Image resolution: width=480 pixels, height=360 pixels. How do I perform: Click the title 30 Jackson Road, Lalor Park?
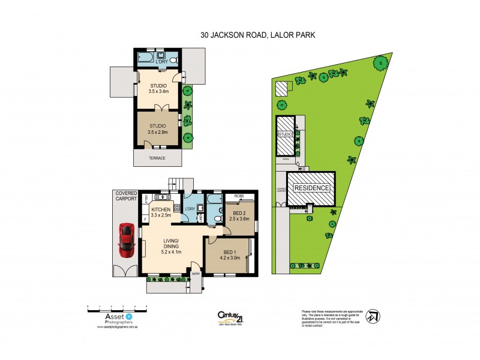click(258, 35)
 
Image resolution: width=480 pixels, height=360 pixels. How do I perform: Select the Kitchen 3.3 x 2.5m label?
click(161, 212)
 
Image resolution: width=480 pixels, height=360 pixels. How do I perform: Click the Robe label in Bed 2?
click(239, 196)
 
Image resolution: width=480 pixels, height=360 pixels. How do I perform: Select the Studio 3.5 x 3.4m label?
click(158, 89)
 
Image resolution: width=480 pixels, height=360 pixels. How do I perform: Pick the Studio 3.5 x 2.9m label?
click(158, 129)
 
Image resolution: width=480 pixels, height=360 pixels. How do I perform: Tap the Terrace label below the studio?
click(157, 158)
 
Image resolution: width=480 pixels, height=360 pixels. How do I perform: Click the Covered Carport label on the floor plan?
click(126, 196)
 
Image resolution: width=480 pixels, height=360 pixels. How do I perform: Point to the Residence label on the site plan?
click(311, 188)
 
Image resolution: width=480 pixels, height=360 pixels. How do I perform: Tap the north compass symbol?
click(373, 316)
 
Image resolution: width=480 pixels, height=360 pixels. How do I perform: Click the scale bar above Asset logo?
click(117, 307)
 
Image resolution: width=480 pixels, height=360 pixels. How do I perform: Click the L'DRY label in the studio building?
click(161, 62)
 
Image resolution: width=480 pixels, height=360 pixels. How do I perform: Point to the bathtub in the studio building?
click(146, 59)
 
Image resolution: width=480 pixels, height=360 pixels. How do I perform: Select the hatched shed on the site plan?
click(281, 88)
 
